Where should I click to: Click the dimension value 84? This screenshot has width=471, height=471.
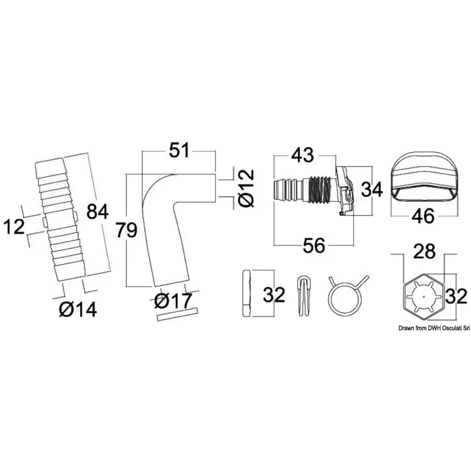point(97,211)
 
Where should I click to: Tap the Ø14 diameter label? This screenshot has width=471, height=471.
point(78,309)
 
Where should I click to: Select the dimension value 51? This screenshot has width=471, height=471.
point(179,150)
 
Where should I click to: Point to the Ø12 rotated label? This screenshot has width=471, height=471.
point(247,188)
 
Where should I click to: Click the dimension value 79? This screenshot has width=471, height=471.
point(127,231)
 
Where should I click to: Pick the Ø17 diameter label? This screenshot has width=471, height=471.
point(173,301)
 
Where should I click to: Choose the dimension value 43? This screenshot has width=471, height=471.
point(303,155)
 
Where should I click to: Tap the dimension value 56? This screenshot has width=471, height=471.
point(314,245)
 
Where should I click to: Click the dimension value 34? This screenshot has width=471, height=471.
point(372,190)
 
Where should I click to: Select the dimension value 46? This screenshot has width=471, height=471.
point(423,215)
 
